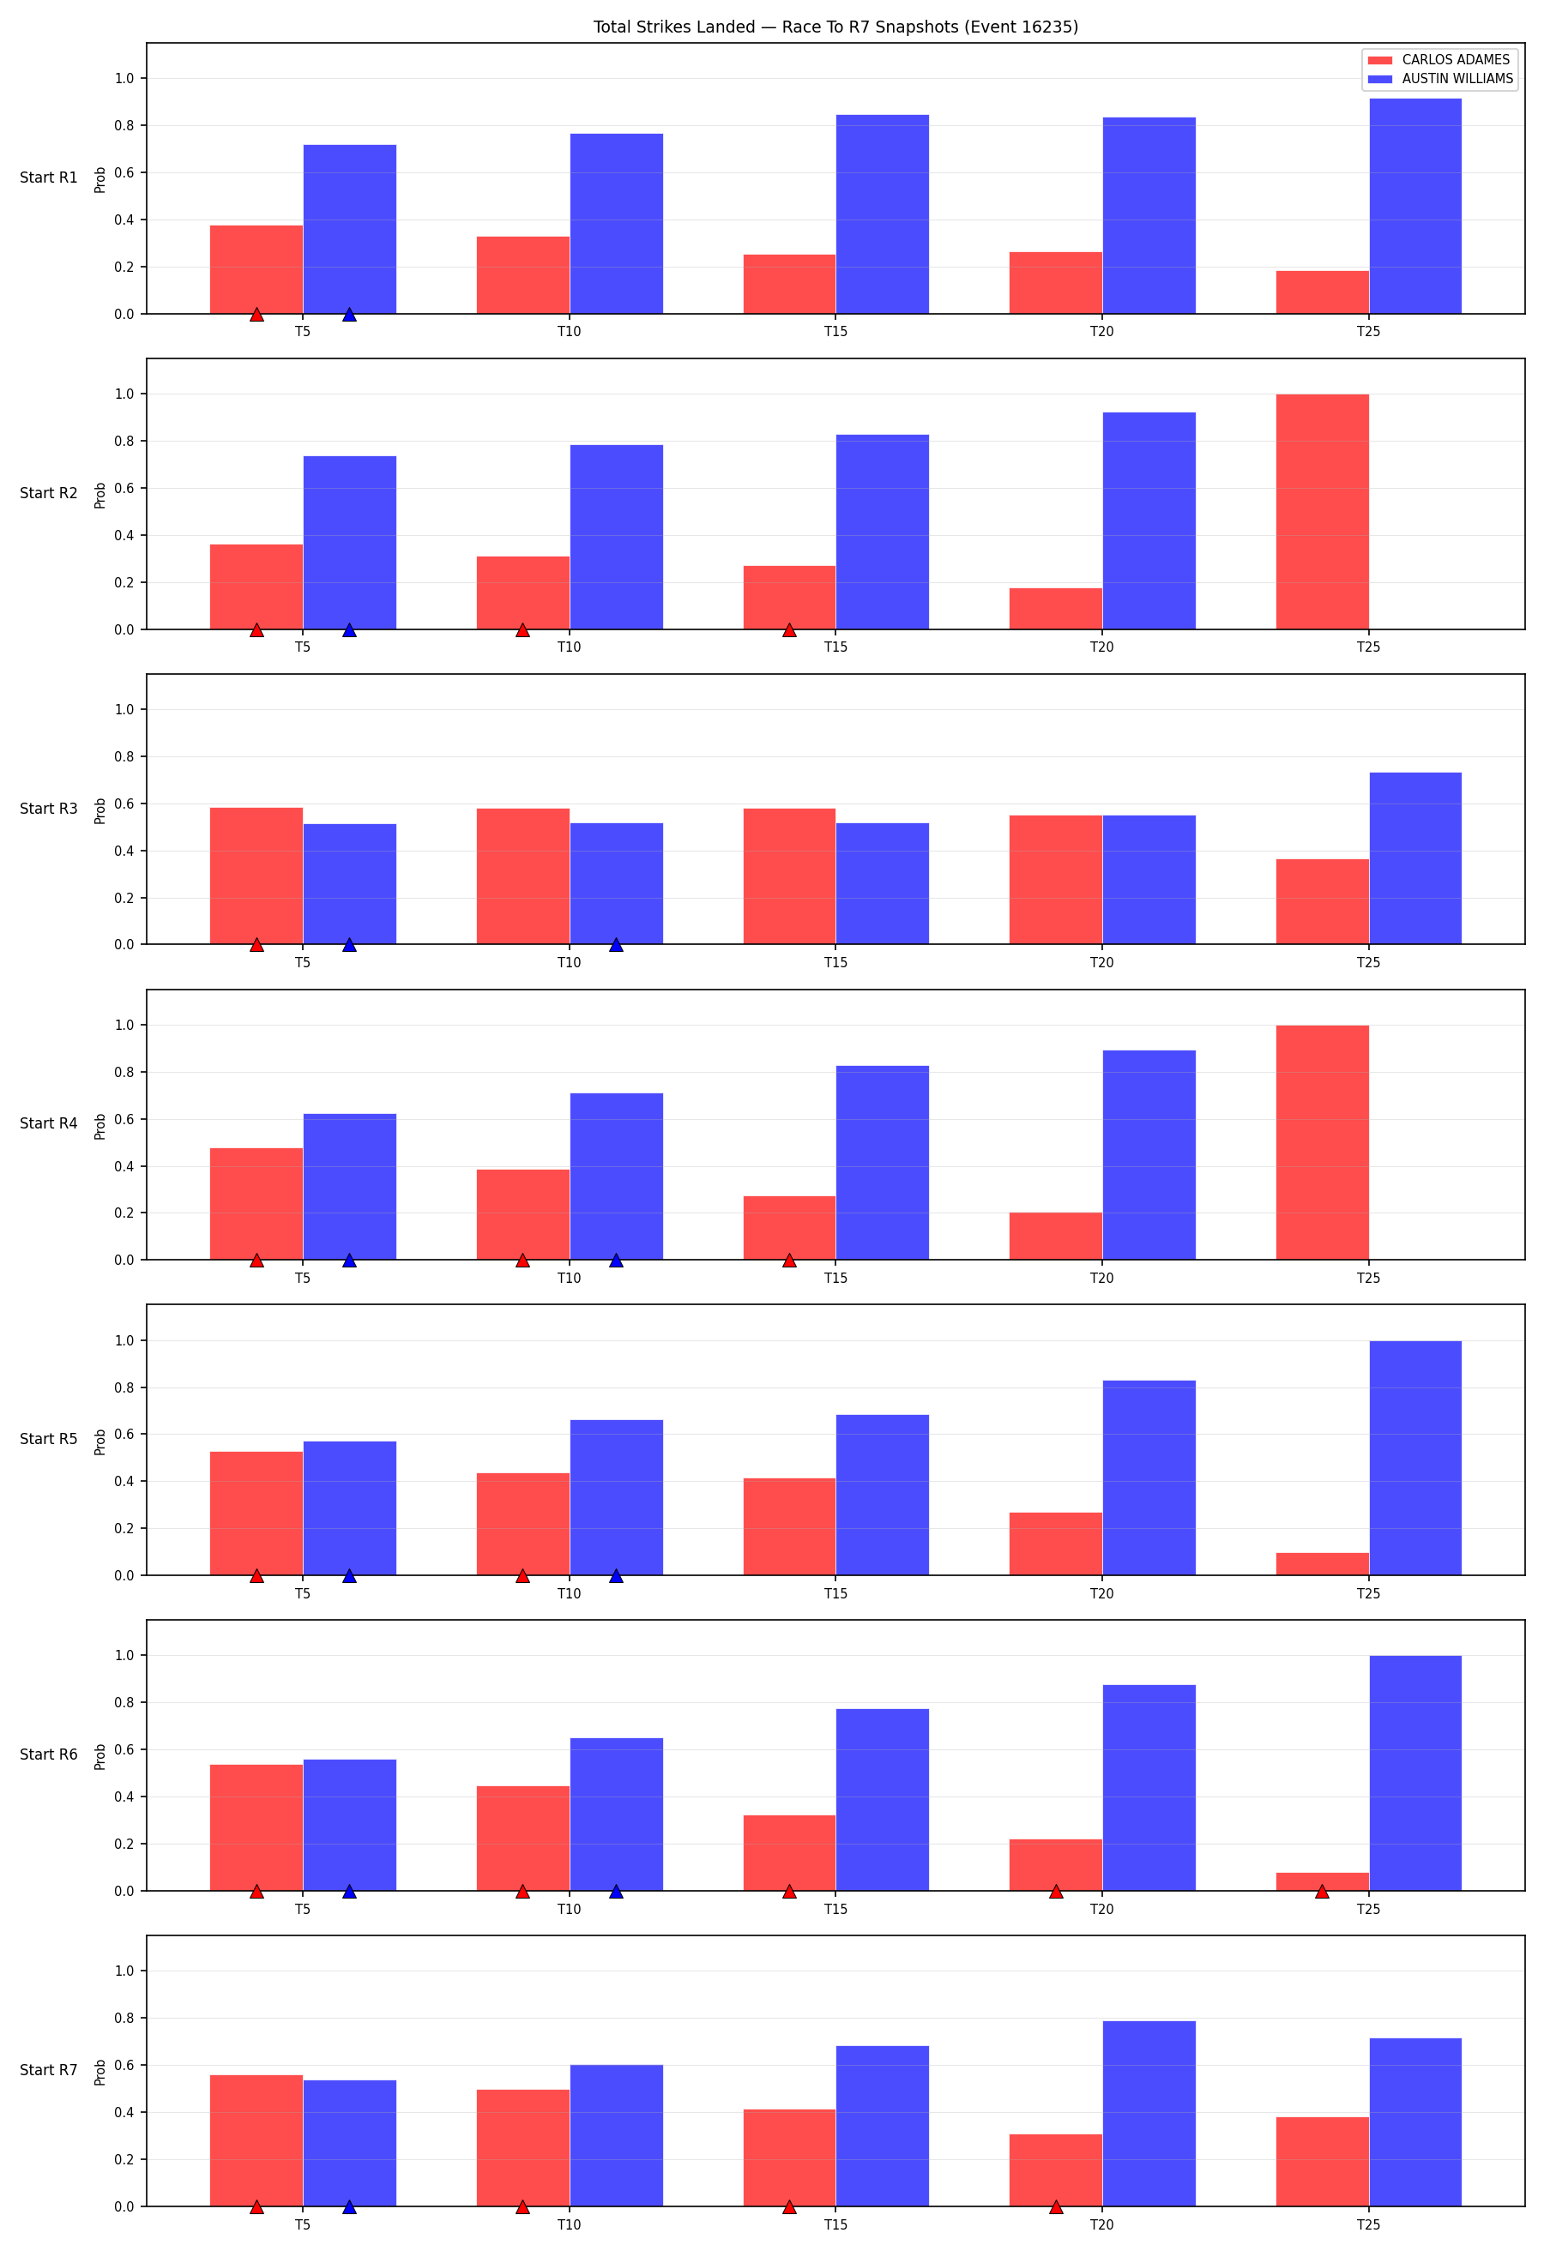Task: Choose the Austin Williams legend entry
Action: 1440,78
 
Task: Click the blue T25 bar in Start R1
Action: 1415,207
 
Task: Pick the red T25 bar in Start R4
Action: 1322,1143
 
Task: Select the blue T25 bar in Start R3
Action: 1415,858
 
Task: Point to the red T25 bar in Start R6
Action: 1322,1882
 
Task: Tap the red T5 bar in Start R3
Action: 256,876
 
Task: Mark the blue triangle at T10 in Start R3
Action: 616,944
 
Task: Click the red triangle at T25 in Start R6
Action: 1322,1891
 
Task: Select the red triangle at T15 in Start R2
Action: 789,629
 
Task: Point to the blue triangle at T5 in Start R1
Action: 350,314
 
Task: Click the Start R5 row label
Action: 48,1439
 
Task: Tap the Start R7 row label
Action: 48,2070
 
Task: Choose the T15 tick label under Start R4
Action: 836,1279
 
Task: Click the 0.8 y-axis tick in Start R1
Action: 124,126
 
